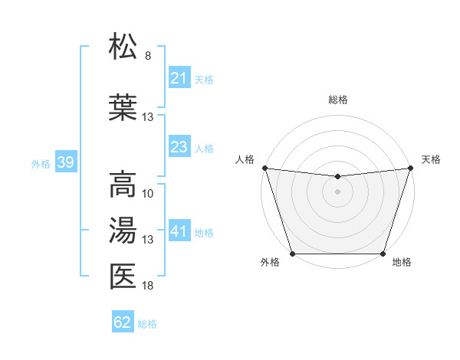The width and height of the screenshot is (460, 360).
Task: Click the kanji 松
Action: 123,47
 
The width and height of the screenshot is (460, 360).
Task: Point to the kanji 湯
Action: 123,230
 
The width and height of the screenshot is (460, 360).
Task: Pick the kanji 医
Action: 123,276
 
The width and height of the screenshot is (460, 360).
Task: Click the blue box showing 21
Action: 179,78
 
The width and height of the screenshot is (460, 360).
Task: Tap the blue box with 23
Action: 179,147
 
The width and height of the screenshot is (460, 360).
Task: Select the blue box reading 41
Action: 179,231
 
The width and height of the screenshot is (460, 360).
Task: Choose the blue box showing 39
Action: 65,162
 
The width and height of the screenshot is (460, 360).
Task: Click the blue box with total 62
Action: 123,322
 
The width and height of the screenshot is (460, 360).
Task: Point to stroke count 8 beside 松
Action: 148,56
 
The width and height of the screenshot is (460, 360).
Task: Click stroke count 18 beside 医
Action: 148,286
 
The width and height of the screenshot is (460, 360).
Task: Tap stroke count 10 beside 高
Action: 148,193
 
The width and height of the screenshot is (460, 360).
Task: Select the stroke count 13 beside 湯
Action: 148,240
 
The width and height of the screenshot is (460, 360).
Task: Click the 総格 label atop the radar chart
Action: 337,100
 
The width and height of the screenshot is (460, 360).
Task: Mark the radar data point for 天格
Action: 410,168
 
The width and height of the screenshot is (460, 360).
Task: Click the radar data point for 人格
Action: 264,168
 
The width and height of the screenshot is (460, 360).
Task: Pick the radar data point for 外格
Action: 292,254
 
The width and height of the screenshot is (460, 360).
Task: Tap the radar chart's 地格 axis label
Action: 402,263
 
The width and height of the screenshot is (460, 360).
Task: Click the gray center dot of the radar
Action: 337,191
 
